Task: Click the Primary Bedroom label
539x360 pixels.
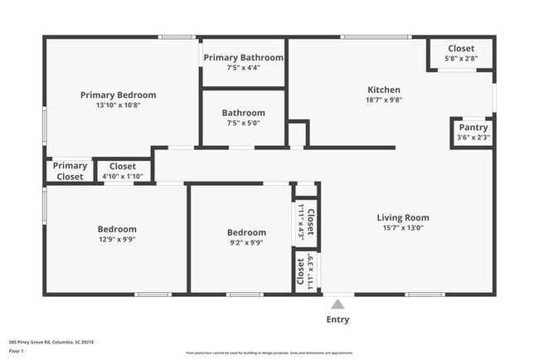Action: click(118, 95)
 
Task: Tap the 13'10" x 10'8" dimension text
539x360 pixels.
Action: click(118, 105)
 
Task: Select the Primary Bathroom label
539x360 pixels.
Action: click(244, 57)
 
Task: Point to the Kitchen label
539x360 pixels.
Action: click(384, 90)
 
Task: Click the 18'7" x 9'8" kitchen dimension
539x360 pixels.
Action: click(384, 100)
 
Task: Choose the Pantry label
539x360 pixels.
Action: click(473, 127)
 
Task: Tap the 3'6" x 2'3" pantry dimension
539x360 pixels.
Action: click(473, 138)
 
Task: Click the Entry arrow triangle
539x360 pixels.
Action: click(337, 304)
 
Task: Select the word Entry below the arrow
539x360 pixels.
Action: click(337, 319)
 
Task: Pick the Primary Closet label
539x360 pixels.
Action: click(70, 171)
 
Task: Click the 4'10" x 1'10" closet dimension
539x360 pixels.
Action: click(123, 177)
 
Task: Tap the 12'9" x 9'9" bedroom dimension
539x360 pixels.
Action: click(117, 240)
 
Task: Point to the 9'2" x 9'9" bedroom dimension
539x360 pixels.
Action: click(247, 243)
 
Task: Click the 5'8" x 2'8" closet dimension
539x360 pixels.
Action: click(461, 59)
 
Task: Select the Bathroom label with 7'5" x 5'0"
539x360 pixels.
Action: click(244, 113)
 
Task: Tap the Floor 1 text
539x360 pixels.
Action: click(17, 351)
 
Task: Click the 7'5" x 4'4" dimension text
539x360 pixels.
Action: click(244, 67)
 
